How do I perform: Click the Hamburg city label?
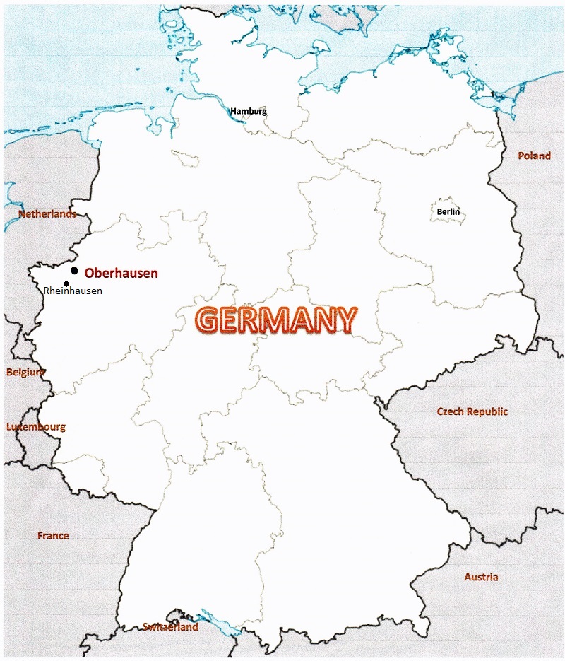click(249, 111)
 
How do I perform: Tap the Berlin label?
click(448, 211)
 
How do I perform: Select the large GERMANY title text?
click(276, 320)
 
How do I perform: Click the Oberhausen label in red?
click(121, 273)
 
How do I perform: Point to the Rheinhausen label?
click(73, 291)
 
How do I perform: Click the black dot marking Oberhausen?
click(74, 271)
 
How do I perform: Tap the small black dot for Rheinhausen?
click(66, 283)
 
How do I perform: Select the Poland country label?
click(534, 156)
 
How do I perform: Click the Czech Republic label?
click(472, 411)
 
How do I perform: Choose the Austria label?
click(481, 577)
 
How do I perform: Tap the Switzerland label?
click(170, 626)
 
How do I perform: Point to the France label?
click(53, 535)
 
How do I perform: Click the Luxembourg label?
click(36, 427)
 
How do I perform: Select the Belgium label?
click(26, 372)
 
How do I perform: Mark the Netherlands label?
click(47, 214)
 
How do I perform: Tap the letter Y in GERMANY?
click(343, 320)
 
